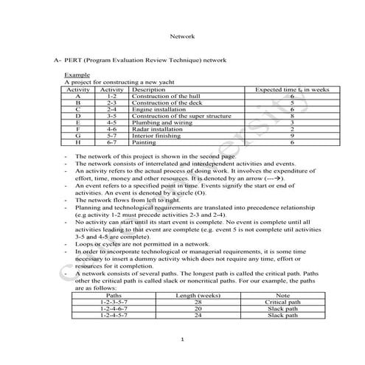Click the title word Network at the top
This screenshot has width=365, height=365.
[x=182, y=35]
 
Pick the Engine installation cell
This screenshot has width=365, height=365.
[x=153, y=109]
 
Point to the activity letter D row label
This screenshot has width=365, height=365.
[x=77, y=116]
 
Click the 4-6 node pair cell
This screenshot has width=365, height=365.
[x=111, y=129]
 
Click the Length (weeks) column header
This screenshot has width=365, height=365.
[x=194, y=294]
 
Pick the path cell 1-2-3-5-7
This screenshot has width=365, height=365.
[x=114, y=301]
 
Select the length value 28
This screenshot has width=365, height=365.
[x=194, y=301]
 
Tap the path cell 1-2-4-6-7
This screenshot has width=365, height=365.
[x=114, y=307]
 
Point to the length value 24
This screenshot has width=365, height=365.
[x=194, y=315]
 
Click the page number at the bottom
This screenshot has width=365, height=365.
[x=181, y=339]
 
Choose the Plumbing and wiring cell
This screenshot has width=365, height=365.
[x=156, y=122]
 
